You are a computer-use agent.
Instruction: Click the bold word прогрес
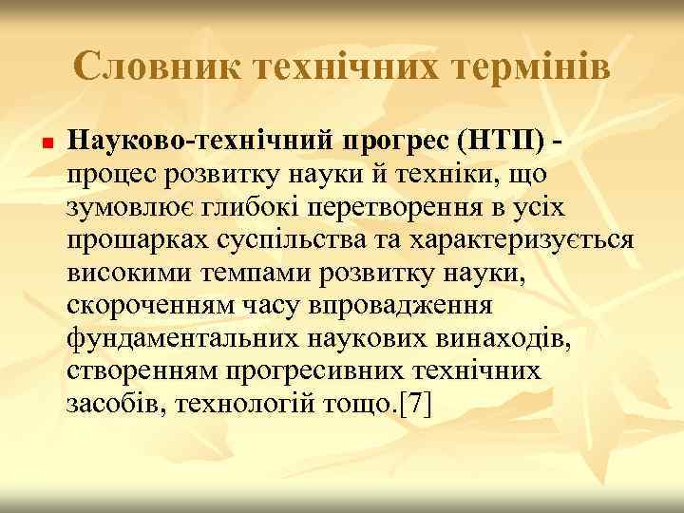click(392, 143)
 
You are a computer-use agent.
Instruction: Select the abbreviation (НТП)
click(503, 143)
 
